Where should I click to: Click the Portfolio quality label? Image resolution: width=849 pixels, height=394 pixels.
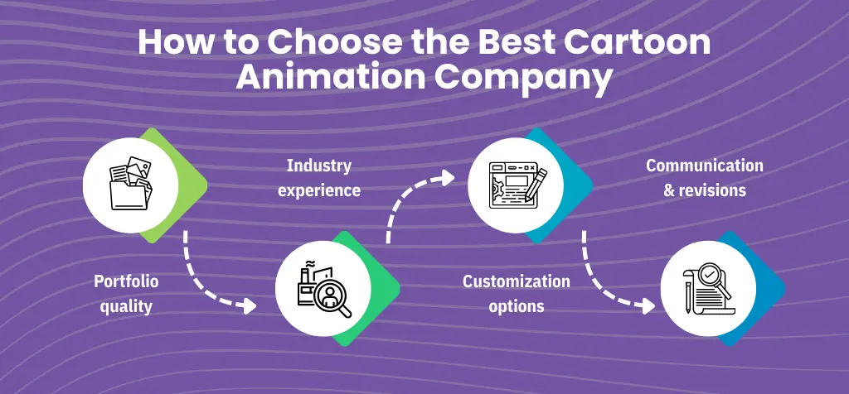pos(126,294)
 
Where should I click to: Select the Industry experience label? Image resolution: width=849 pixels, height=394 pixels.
pos(319,178)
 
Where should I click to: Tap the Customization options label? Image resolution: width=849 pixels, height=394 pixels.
pos(516,294)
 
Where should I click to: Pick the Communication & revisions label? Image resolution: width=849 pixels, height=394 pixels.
pos(705,178)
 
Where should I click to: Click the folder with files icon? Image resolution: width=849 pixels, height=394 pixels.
pos(131,184)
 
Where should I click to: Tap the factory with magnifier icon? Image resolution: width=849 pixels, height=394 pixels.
pos(324,289)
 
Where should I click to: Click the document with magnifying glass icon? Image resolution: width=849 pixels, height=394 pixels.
pos(709,289)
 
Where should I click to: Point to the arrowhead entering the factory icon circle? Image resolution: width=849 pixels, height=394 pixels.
pos(249,306)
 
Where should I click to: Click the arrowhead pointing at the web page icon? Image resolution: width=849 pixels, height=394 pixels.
pos(448,176)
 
